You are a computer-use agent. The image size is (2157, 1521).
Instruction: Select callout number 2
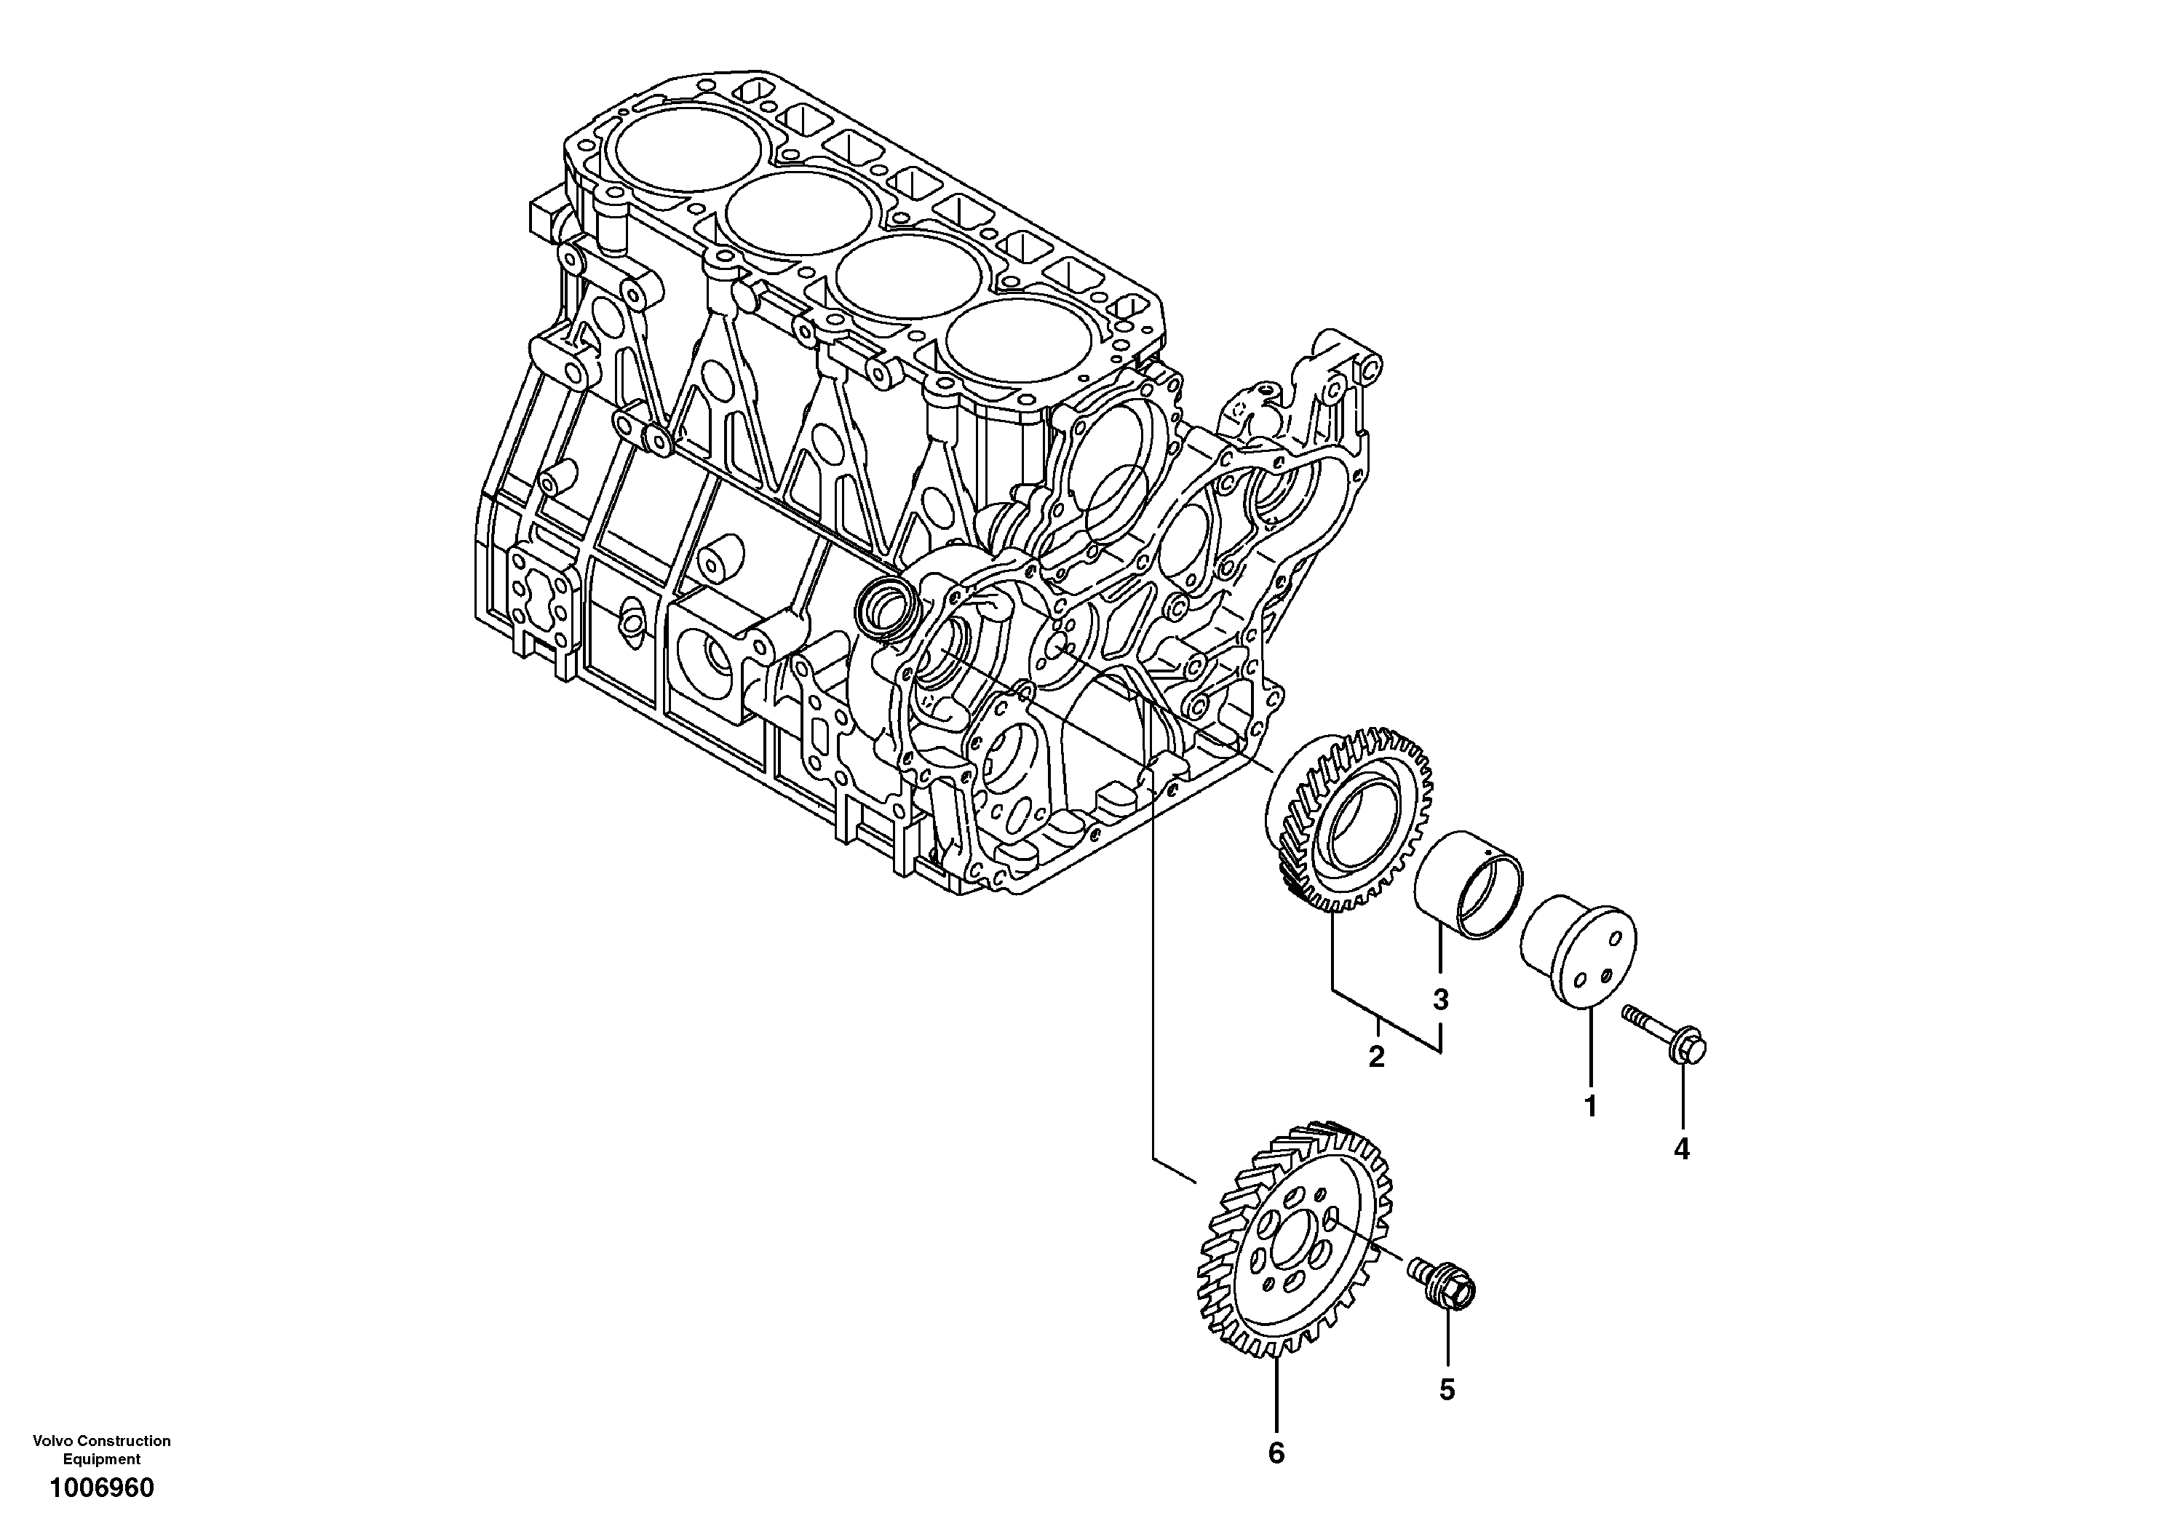(x=1376, y=1057)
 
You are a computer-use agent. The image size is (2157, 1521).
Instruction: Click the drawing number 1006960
(x=101, y=1488)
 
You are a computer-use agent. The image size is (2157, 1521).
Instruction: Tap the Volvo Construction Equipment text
(x=101, y=1450)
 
